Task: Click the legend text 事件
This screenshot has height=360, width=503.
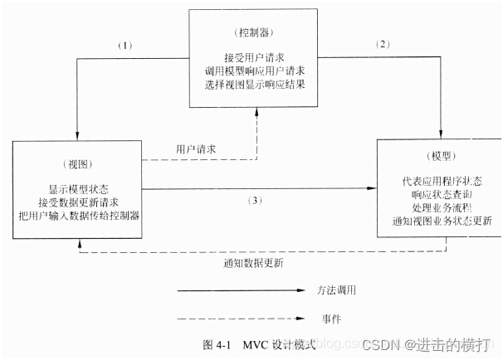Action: coord(330,319)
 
